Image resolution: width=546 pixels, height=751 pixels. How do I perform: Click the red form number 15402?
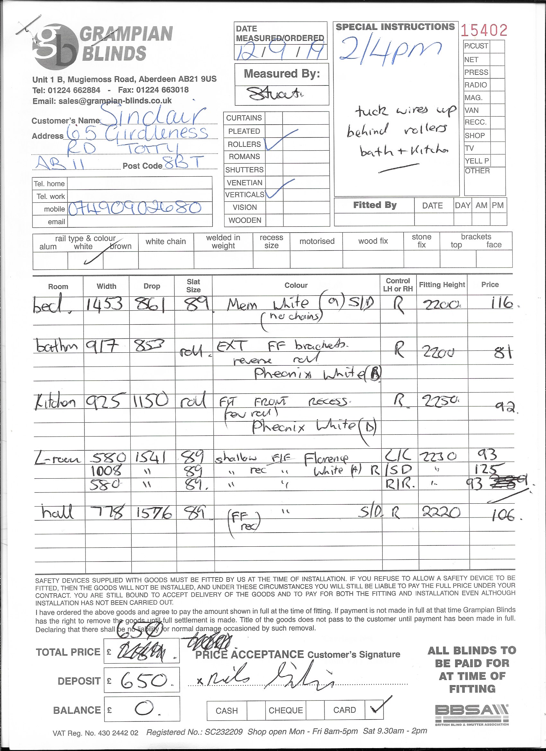[484, 31]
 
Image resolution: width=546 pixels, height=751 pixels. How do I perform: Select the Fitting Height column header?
[442, 285]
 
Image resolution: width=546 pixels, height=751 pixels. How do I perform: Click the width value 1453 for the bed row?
[105, 304]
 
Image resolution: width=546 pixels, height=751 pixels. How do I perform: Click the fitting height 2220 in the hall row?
[441, 513]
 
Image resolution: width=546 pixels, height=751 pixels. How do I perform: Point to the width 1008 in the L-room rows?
[106, 470]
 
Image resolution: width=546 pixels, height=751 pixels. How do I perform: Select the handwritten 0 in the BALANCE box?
[145, 709]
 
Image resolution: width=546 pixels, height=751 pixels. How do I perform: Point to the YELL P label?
[477, 161]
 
